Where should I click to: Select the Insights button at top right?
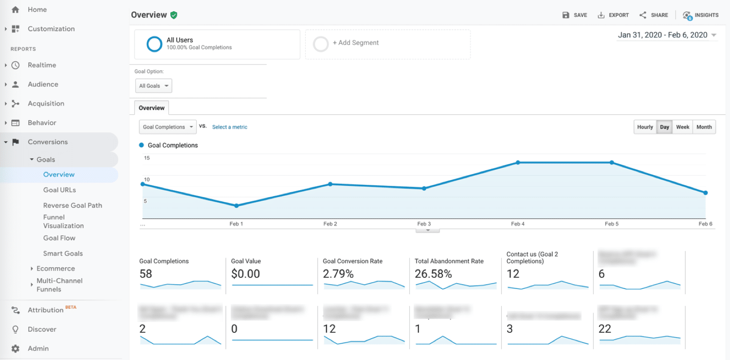coord(701,15)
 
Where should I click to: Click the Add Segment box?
coord(387,43)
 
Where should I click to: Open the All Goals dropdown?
coord(153,86)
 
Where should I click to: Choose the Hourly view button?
coord(645,127)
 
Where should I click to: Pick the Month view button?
coord(704,127)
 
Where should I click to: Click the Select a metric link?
coord(230,127)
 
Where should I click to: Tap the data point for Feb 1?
coord(237,206)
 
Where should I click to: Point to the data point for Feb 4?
coord(518,162)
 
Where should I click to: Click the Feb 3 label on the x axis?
coord(424,224)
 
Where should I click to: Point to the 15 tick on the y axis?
coord(147,158)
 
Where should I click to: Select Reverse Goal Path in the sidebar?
coord(73,205)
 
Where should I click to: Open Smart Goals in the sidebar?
coord(63,253)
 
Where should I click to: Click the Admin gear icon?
coord(16,348)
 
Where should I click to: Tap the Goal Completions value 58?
coord(146,274)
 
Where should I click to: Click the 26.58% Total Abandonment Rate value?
coord(433,274)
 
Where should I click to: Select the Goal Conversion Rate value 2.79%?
coord(338,274)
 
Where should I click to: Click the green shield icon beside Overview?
coord(174,15)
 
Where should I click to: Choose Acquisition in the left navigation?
coord(46,104)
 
